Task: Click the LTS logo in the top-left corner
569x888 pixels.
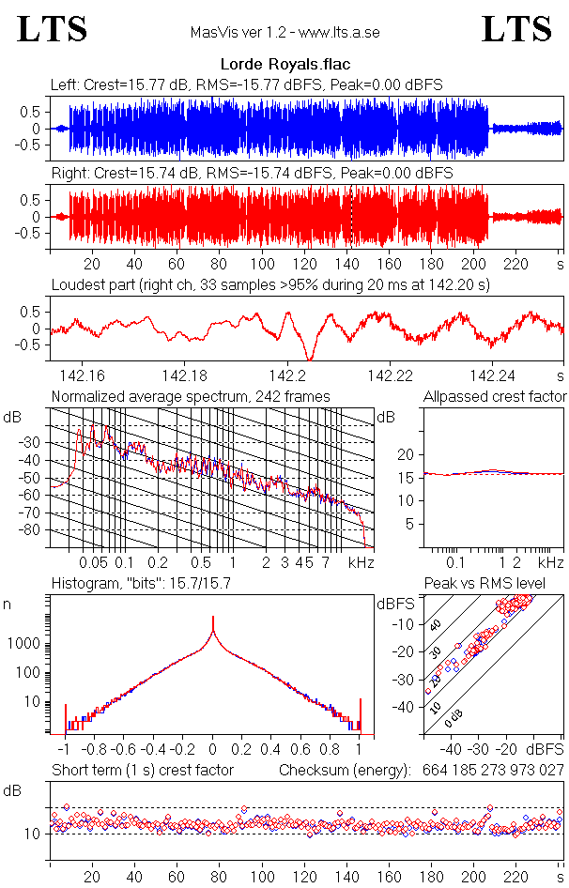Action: [x=53, y=29]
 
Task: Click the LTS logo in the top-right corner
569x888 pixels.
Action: [x=516, y=29]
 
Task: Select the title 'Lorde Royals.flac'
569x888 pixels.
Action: [x=284, y=66]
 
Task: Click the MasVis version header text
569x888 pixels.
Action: [x=284, y=33]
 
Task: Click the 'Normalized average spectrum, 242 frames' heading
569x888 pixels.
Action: [x=191, y=397]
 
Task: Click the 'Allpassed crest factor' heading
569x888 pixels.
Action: [x=495, y=397]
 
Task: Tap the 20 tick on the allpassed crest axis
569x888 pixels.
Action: [x=408, y=454]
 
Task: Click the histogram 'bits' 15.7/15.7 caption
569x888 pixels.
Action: [x=141, y=584]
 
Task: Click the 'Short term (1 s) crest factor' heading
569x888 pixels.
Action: [x=142, y=771]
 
